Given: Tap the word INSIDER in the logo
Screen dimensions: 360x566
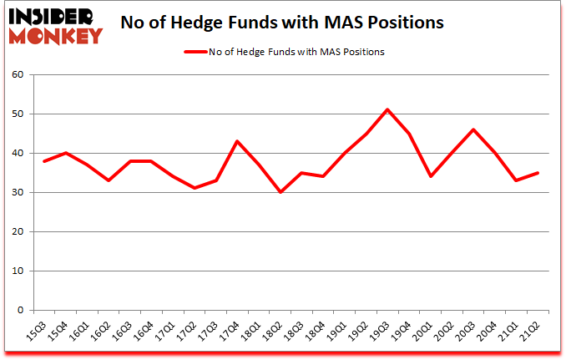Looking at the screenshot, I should coord(53,16).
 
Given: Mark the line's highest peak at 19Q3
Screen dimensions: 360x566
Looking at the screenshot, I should coord(387,109).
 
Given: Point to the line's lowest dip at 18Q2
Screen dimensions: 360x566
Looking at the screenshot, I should coord(280,192).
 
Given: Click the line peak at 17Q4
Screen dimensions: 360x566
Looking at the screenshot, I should coord(237,141).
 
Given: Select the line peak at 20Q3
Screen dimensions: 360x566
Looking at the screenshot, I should coord(473,129).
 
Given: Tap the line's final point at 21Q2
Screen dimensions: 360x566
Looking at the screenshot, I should coord(538,173).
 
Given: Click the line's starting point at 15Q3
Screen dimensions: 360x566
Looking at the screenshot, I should coord(43,161).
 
